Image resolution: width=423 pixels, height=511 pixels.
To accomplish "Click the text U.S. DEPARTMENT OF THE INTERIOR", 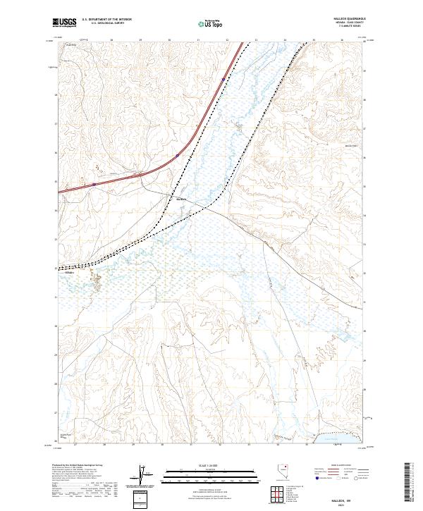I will coord(106,20).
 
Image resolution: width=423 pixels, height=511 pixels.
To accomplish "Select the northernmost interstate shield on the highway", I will coord(177,155).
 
